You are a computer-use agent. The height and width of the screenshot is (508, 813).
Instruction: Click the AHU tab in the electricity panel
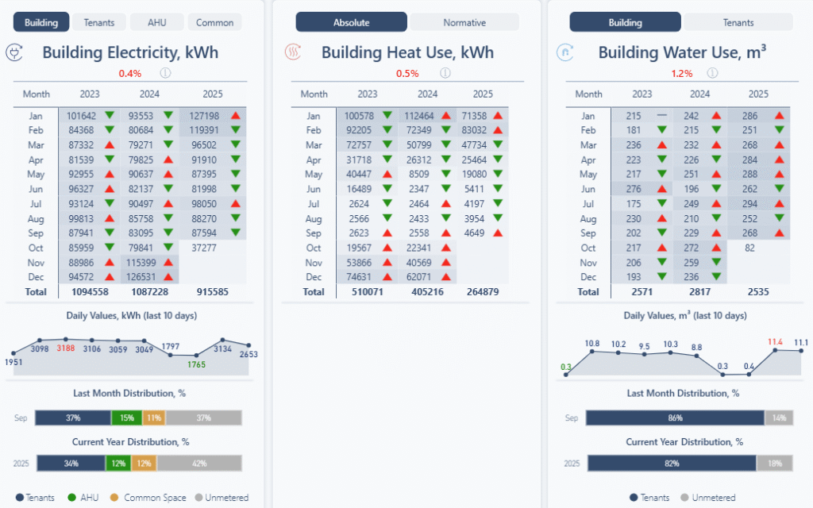(x=157, y=22)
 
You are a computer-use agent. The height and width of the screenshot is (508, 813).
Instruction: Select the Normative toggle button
(x=464, y=22)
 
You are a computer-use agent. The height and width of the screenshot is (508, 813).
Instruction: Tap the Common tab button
(x=214, y=22)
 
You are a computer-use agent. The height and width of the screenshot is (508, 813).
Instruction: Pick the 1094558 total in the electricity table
(x=87, y=292)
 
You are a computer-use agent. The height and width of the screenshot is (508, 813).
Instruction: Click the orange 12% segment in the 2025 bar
(x=144, y=464)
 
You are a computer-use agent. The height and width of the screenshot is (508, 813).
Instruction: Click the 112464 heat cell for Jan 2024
(x=416, y=116)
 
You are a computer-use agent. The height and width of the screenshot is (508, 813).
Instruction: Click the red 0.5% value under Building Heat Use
(x=407, y=74)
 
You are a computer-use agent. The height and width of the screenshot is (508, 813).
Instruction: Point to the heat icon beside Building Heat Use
(x=293, y=53)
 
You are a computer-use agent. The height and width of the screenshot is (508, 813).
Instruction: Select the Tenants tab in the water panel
(x=738, y=22)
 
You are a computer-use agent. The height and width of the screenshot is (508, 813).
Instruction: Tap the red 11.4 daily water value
(x=776, y=343)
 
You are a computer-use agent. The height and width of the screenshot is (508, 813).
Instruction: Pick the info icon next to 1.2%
(x=713, y=73)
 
